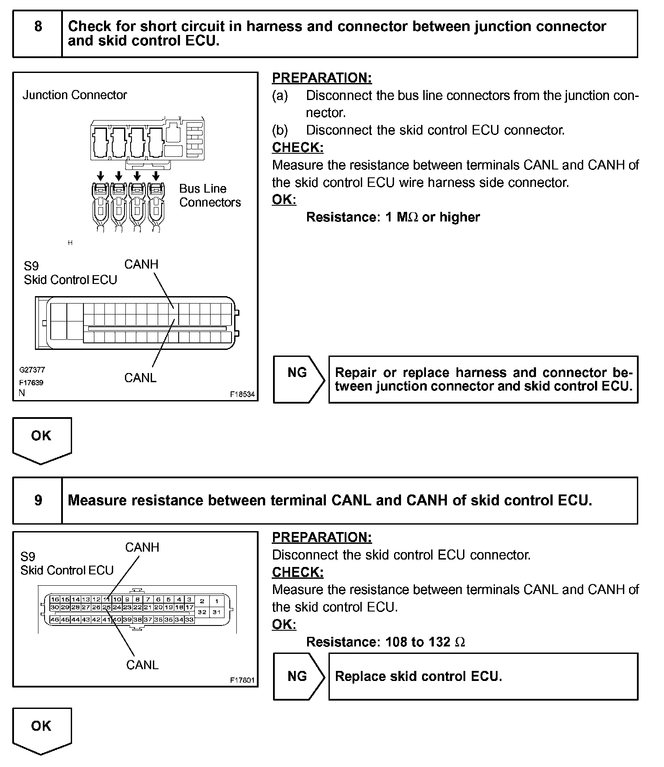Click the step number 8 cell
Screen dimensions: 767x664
[38, 34]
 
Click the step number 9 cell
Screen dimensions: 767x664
[38, 500]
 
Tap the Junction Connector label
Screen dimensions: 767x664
[75, 95]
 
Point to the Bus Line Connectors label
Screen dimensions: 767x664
[210, 195]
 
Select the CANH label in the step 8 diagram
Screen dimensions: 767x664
[141, 264]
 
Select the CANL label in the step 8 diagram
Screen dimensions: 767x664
[140, 378]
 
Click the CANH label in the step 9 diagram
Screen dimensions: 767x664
[142, 547]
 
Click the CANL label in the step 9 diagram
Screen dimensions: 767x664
[142, 664]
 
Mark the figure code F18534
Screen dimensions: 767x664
[242, 394]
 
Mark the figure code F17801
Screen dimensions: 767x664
[242, 680]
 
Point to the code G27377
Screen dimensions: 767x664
[32, 370]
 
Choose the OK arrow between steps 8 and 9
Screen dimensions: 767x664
[41, 439]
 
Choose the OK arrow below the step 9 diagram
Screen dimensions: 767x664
[41, 729]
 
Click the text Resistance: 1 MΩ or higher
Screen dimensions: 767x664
[393, 217]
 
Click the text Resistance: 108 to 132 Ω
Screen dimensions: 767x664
[385, 642]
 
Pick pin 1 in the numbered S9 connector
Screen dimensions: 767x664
[217, 601]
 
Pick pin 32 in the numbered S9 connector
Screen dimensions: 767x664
[202, 612]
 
